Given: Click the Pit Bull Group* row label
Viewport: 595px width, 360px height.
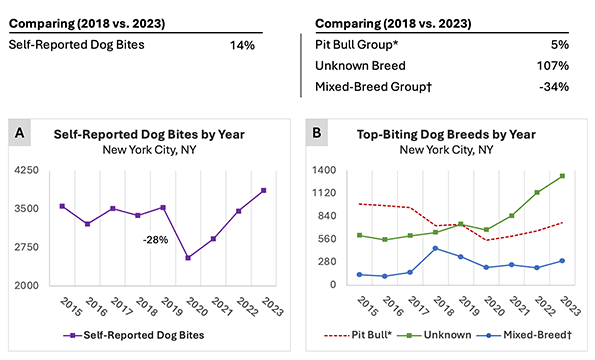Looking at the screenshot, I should pyautogui.click(x=368, y=44).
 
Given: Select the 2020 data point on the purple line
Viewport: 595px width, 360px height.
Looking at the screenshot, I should pyautogui.click(x=189, y=257).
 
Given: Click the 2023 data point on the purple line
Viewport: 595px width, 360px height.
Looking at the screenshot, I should pyautogui.click(x=264, y=190).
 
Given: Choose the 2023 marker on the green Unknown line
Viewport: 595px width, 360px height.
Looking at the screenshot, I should pyautogui.click(x=563, y=176).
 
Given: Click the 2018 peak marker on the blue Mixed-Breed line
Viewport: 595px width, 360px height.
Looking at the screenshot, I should pyautogui.click(x=434, y=248).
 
